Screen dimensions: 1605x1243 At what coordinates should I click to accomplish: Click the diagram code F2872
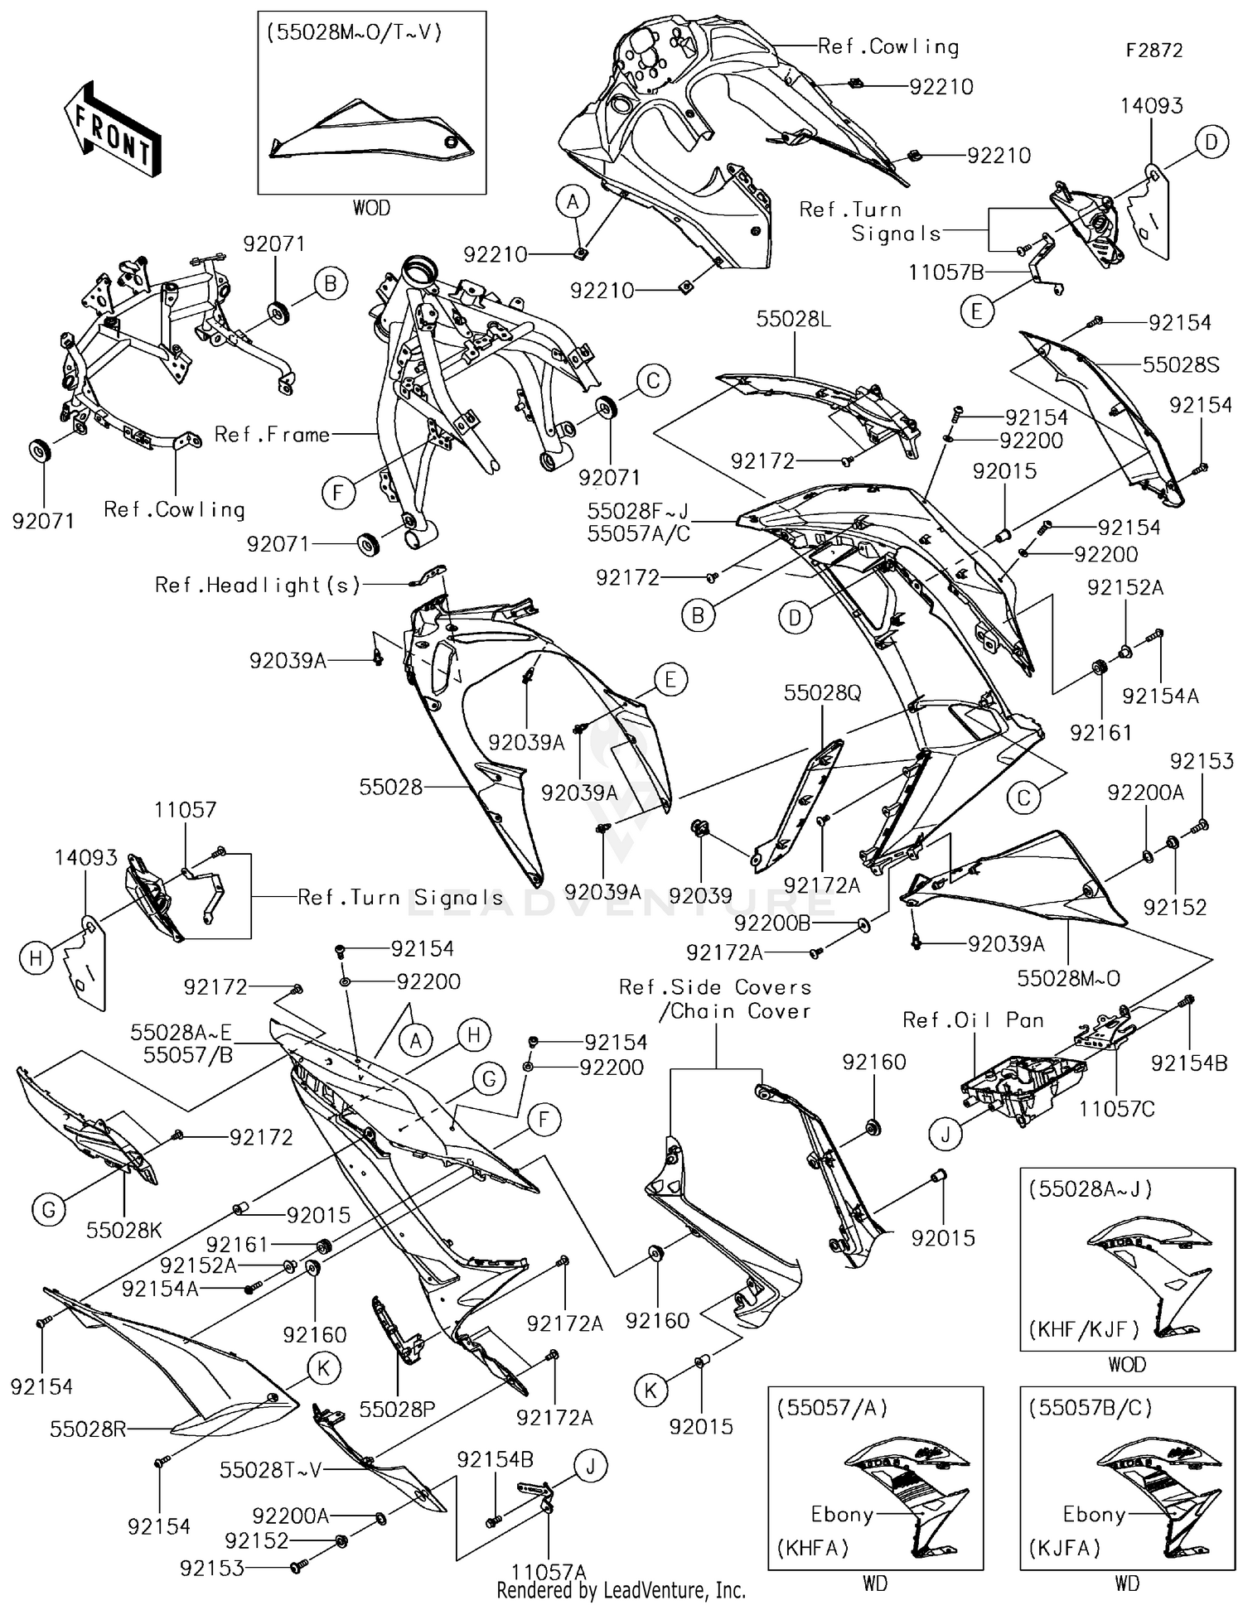[1154, 51]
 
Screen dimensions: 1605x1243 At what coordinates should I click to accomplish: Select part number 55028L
[793, 319]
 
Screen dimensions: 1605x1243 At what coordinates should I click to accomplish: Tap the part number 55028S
[1180, 364]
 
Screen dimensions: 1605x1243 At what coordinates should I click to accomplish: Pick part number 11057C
[1116, 1108]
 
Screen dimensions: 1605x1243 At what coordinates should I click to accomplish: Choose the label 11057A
[548, 1572]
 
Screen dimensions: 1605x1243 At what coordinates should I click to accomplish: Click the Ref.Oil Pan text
[973, 1020]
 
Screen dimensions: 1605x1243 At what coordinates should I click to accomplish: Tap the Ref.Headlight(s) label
[258, 586]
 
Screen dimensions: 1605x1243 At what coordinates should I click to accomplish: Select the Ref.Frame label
[272, 434]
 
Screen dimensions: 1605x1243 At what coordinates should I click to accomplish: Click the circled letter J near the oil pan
[946, 1134]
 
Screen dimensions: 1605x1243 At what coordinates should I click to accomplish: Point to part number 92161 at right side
[1100, 732]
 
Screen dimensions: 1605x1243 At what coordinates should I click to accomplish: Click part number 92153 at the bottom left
[212, 1567]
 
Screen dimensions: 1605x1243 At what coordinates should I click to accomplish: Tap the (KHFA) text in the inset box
[812, 1547]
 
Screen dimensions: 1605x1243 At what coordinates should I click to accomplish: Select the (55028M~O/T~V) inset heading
[355, 33]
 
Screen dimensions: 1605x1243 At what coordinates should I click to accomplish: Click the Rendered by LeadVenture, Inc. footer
[621, 1590]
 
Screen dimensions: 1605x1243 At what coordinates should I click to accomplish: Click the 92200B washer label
[772, 923]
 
